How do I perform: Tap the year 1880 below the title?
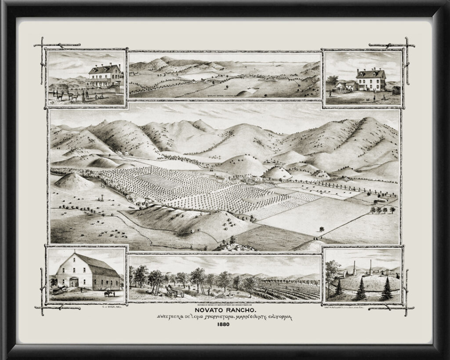point(225,325)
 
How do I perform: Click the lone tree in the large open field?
point(322,229)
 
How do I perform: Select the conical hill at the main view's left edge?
point(73,182)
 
